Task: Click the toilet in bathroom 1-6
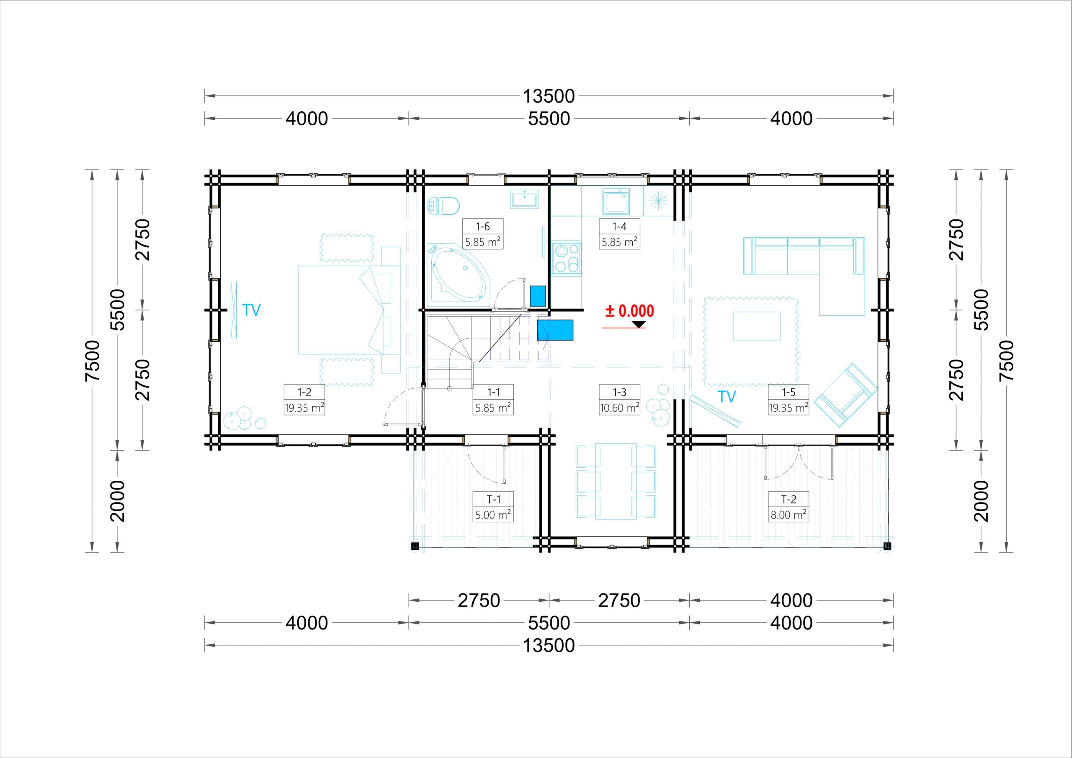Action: pyautogui.click(x=443, y=205)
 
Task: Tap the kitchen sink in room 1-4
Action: pyautogui.click(x=616, y=202)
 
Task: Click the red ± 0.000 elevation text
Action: pyautogui.click(x=629, y=311)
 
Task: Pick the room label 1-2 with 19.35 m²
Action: pyautogui.click(x=304, y=400)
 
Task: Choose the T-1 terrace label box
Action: pyautogui.click(x=494, y=507)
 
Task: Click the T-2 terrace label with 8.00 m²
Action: pyautogui.click(x=789, y=507)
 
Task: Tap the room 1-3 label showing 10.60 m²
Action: pyautogui.click(x=620, y=400)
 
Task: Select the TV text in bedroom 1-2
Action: pyautogui.click(x=251, y=310)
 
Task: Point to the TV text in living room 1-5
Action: pyautogui.click(x=727, y=397)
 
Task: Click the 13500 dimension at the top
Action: pyautogui.click(x=549, y=96)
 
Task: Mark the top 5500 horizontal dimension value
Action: pyautogui.click(x=549, y=119)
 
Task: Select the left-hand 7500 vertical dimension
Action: pyautogui.click(x=93, y=361)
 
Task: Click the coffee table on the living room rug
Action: pyautogui.click(x=757, y=326)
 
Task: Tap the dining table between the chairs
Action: pyautogui.click(x=616, y=481)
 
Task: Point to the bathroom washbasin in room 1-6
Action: pyautogui.click(x=524, y=199)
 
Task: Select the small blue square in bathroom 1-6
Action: pyautogui.click(x=538, y=296)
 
